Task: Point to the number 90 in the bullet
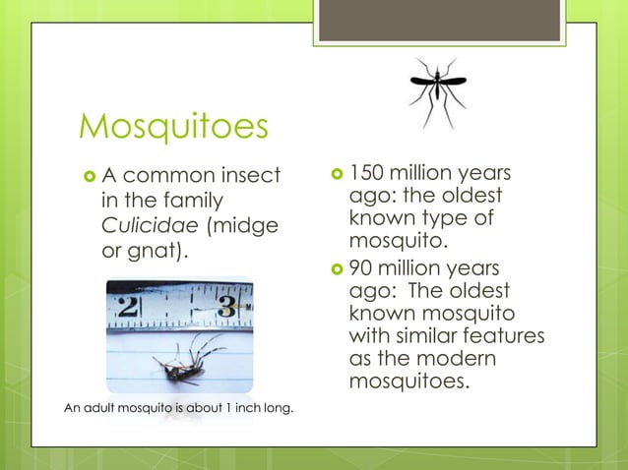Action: [361, 268]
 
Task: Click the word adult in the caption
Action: [97, 408]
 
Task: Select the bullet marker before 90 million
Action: [336, 269]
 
